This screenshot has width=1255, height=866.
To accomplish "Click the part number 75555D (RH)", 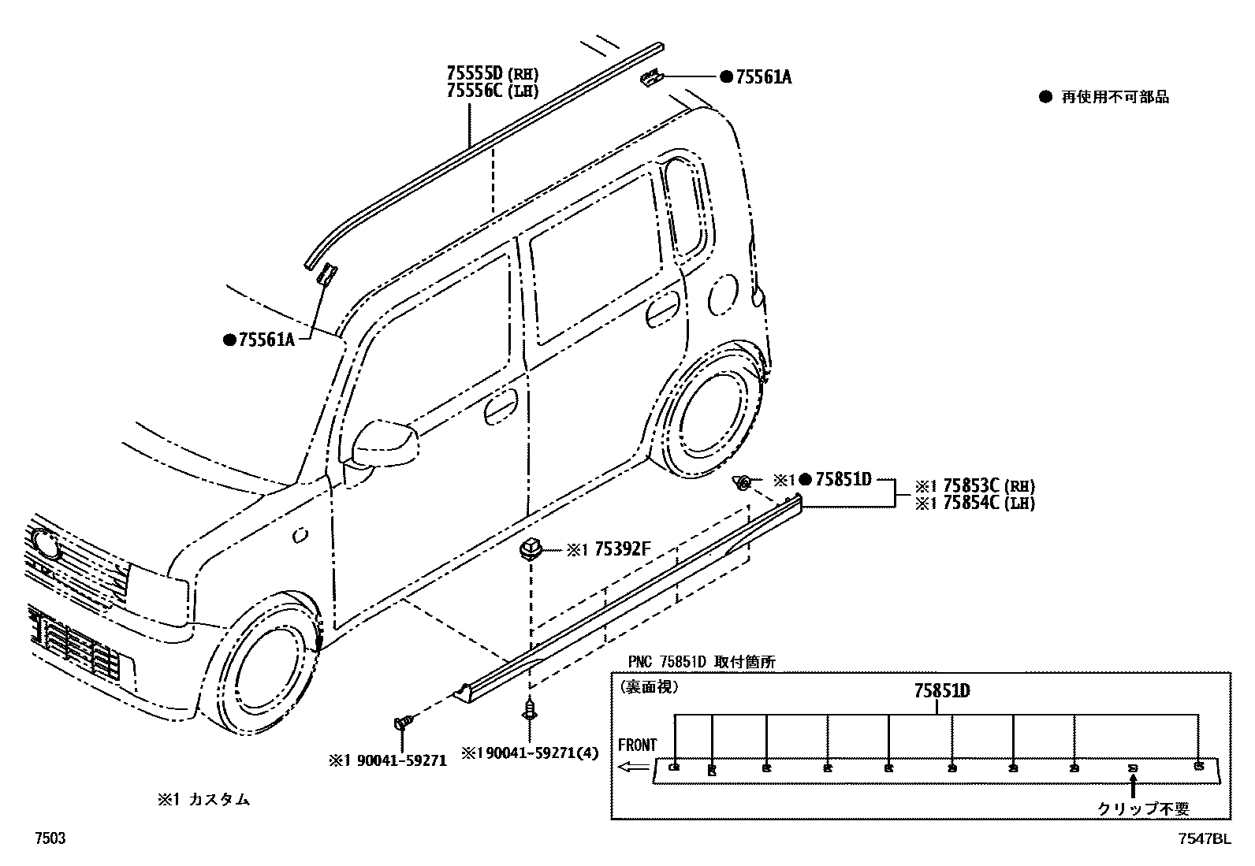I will coord(493,73).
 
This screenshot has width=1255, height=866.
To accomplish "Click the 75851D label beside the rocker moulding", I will coord(843,478).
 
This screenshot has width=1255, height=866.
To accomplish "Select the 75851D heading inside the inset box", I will coord(941,691).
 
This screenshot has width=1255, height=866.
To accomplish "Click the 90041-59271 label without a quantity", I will coord(389,760).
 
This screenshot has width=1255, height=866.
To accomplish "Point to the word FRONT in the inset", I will coord(637,745).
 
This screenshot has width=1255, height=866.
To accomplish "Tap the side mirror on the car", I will coord(384,444).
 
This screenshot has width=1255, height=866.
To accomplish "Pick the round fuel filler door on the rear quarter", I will coord(722,295).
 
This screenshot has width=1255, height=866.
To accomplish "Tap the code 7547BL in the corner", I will coord(1204,839).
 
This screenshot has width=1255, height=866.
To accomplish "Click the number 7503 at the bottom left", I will coord(49,839).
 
